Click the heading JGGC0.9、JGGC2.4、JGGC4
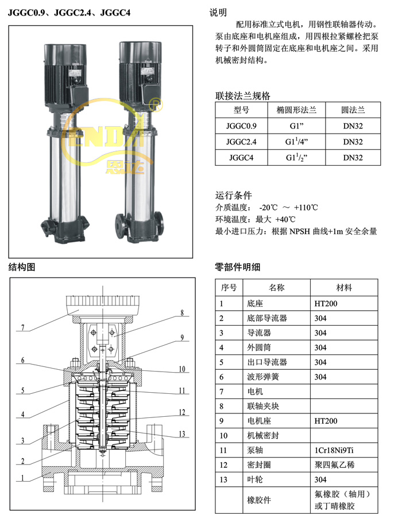[x=69, y=13]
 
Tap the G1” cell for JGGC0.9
[x=296, y=126]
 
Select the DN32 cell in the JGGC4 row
[x=353, y=158]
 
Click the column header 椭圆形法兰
[x=296, y=110]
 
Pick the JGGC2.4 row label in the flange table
[x=241, y=142]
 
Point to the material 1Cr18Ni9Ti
[x=334, y=450]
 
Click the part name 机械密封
[x=263, y=435]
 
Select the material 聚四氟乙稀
[x=334, y=464]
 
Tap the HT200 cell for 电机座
[x=326, y=421]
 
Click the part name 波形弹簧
[x=263, y=377]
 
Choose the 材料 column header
[x=344, y=288]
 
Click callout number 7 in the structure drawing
[x=23, y=327]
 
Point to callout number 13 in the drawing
[x=182, y=434]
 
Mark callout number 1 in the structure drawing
[x=22, y=478]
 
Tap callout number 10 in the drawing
[x=182, y=369]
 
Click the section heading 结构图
[x=22, y=267]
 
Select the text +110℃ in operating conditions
[x=306, y=208]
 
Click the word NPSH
[x=300, y=232]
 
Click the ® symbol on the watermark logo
[x=156, y=105]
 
